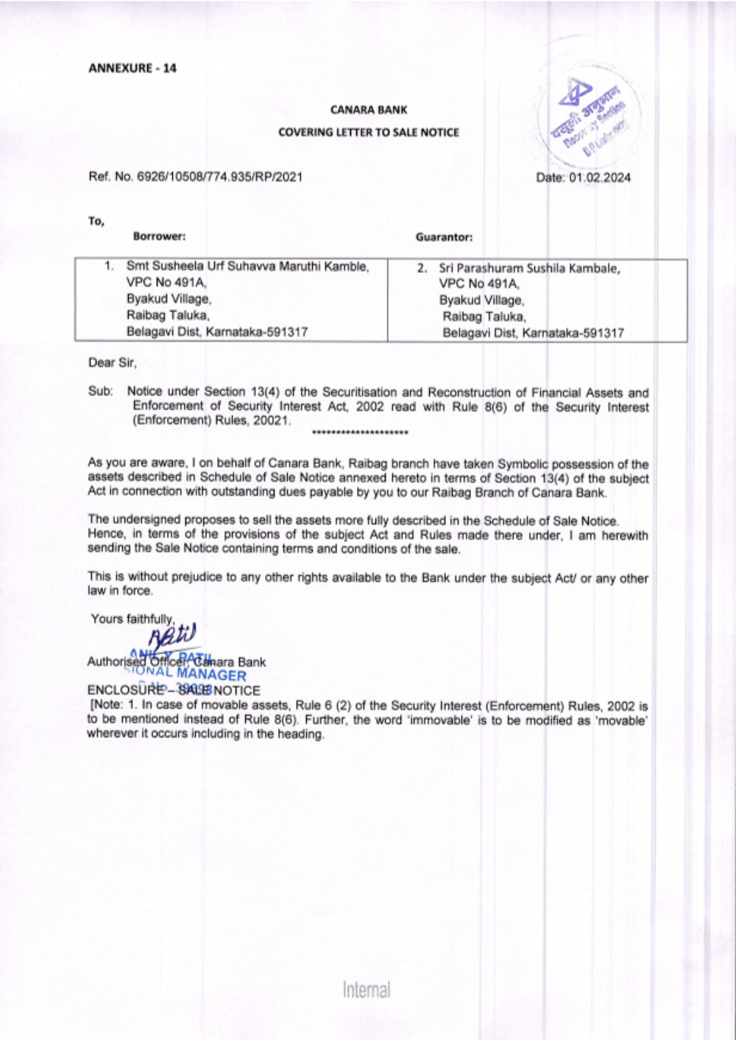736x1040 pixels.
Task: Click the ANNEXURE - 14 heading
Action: point(132,68)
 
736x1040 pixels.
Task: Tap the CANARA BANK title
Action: point(368,110)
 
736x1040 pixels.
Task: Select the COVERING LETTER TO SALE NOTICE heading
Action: point(368,133)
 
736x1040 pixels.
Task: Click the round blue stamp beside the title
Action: point(588,119)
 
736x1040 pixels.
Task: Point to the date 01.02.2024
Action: point(600,178)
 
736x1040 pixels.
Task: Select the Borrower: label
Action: point(159,236)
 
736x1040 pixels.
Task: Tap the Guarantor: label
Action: point(444,237)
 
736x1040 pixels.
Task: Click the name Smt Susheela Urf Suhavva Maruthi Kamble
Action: point(247,267)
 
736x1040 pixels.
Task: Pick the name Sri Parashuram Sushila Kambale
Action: point(529,269)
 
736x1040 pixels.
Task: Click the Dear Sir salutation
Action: point(112,362)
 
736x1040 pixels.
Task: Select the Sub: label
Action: point(100,392)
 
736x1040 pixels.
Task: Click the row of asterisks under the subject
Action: point(360,432)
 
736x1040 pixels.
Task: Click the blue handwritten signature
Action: point(173,636)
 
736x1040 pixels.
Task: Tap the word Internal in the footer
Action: point(367,990)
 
